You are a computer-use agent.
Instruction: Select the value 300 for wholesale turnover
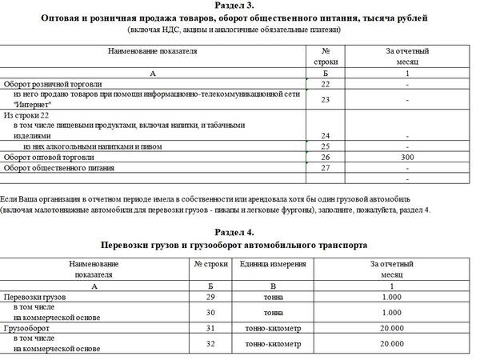(x=408, y=158)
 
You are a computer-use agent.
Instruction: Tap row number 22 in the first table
(x=326, y=83)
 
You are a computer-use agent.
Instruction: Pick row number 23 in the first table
(x=326, y=100)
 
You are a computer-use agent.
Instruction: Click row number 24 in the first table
(x=326, y=135)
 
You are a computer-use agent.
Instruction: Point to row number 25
(x=326, y=146)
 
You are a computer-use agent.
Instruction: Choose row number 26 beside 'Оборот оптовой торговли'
(x=326, y=158)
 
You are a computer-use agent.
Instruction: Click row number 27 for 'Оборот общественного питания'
(x=326, y=168)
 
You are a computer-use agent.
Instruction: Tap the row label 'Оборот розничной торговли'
(x=54, y=83)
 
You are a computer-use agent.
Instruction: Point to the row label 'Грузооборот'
(x=29, y=327)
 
